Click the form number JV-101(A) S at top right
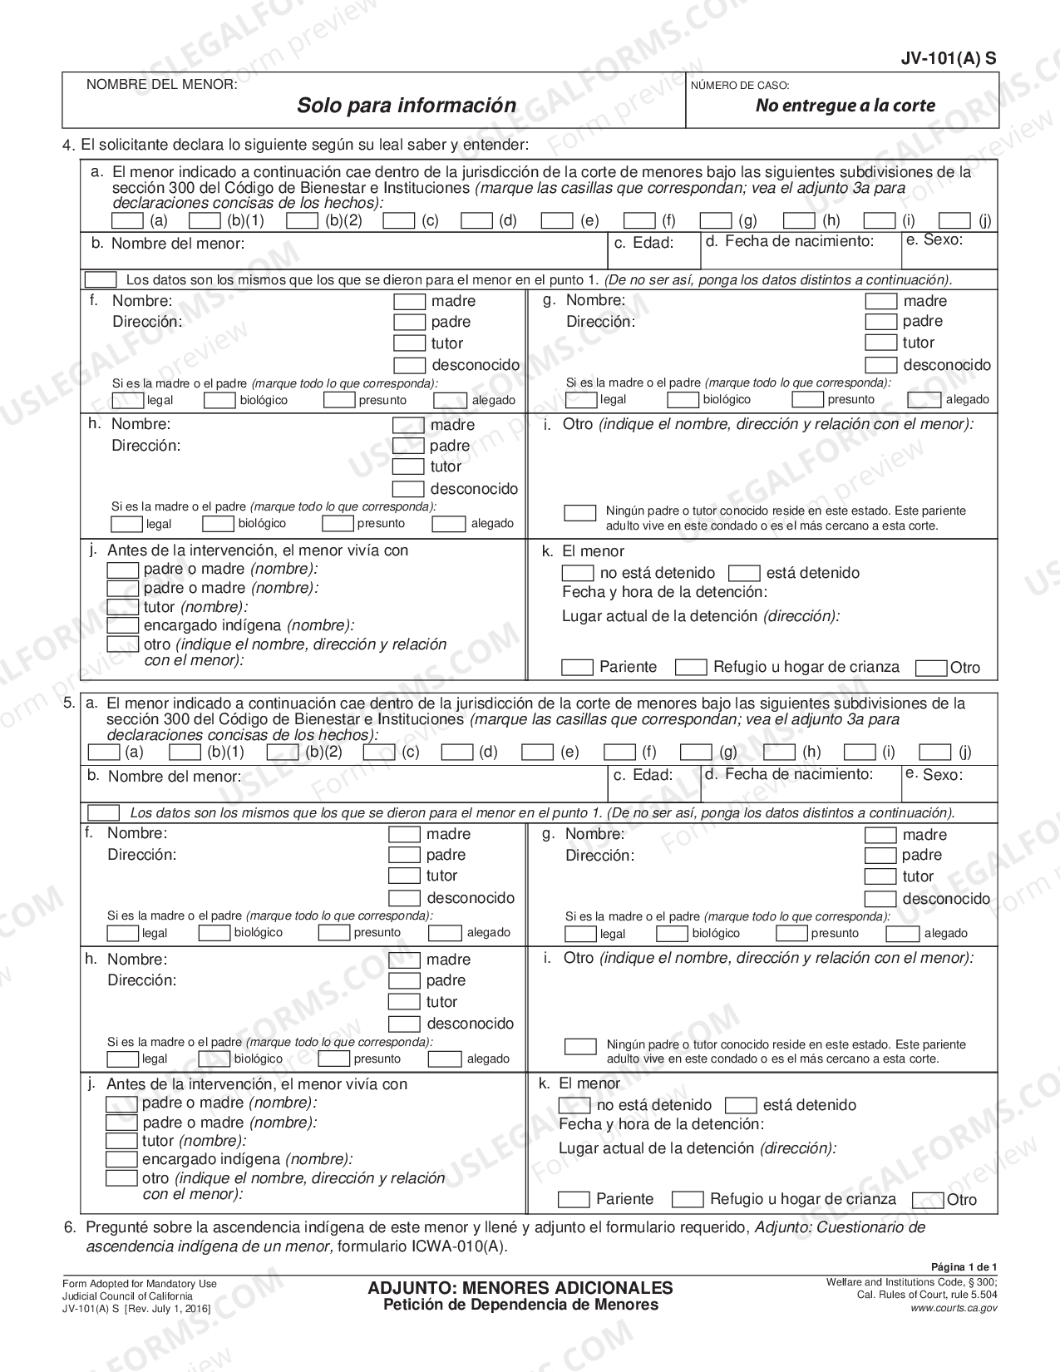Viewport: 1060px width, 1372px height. [x=948, y=58]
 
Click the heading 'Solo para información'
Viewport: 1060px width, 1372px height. [x=407, y=106]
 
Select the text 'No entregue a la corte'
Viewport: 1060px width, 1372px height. [x=845, y=106]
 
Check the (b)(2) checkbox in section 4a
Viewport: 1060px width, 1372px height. [x=302, y=221]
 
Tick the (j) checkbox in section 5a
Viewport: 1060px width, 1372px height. [x=934, y=753]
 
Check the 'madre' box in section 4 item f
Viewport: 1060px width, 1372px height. [x=409, y=301]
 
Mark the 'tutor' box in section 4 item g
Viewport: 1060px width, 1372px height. [x=880, y=343]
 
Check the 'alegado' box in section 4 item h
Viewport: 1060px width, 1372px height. [x=448, y=524]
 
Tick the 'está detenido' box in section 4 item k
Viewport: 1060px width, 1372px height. [x=743, y=573]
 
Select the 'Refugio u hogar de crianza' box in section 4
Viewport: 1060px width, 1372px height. [x=690, y=667]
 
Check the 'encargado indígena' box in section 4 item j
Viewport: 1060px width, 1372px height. [x=123, y=625]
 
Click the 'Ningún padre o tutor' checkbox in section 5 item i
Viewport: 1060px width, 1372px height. [x=580, y=1046]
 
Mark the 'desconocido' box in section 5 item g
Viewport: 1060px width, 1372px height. [x=880, y=898]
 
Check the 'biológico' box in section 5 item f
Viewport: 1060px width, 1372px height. [x=214, y=933]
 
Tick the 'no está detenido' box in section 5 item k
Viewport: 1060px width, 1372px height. [x=574, y=1105]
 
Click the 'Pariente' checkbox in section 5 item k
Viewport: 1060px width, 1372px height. [x=574, y=1199]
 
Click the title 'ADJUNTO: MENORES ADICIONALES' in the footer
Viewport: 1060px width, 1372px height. [x=520, y=1287]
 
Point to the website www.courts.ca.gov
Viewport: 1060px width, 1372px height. [x=954, y=1308]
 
